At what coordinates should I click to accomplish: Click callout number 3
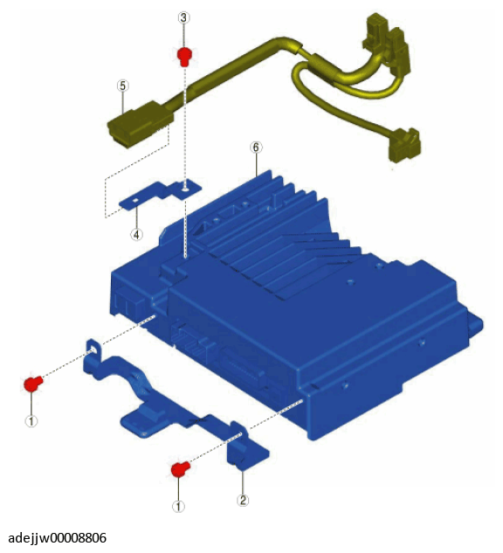coord(183,17)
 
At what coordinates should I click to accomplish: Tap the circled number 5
coord(122,86)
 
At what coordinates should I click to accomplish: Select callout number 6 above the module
coord(256,148)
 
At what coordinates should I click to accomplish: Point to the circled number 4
coord(137,234)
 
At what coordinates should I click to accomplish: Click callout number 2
coord(243,500)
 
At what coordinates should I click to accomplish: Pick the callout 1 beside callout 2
coord(178,507)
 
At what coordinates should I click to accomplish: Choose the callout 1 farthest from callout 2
coord(31,421)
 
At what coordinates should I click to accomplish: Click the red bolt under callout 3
coord(184,57)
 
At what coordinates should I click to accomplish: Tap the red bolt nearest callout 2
coord(180,469)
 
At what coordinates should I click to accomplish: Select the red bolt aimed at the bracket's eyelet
coord(33,384)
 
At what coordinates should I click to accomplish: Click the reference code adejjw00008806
coord(57,538)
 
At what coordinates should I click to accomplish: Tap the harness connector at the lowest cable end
coord(404,145)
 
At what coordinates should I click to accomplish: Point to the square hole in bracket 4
coord(135,201)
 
